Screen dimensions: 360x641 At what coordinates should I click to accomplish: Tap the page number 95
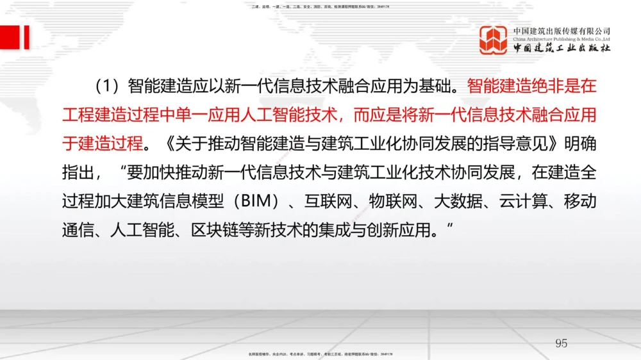pyautogui.click(x=561, y=343)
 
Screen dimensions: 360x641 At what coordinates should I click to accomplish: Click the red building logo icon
pyautogui.click(x=494, y=40)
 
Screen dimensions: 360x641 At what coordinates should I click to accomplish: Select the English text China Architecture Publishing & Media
pyautogui.click(x=562, y=39)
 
